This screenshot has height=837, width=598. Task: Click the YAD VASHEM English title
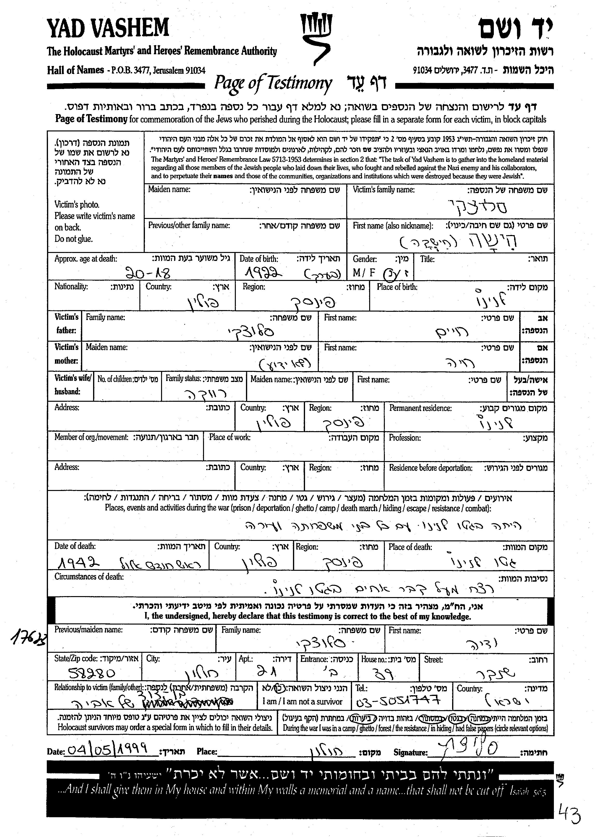(108, 28)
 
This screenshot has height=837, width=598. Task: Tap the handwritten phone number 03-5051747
(398, 701)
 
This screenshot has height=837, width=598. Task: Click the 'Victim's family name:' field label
(383, 190)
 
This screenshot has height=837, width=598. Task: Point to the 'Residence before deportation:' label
(430, 468)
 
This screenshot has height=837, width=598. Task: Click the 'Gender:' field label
(365, 259)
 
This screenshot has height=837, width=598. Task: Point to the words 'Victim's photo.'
(77, 205)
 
